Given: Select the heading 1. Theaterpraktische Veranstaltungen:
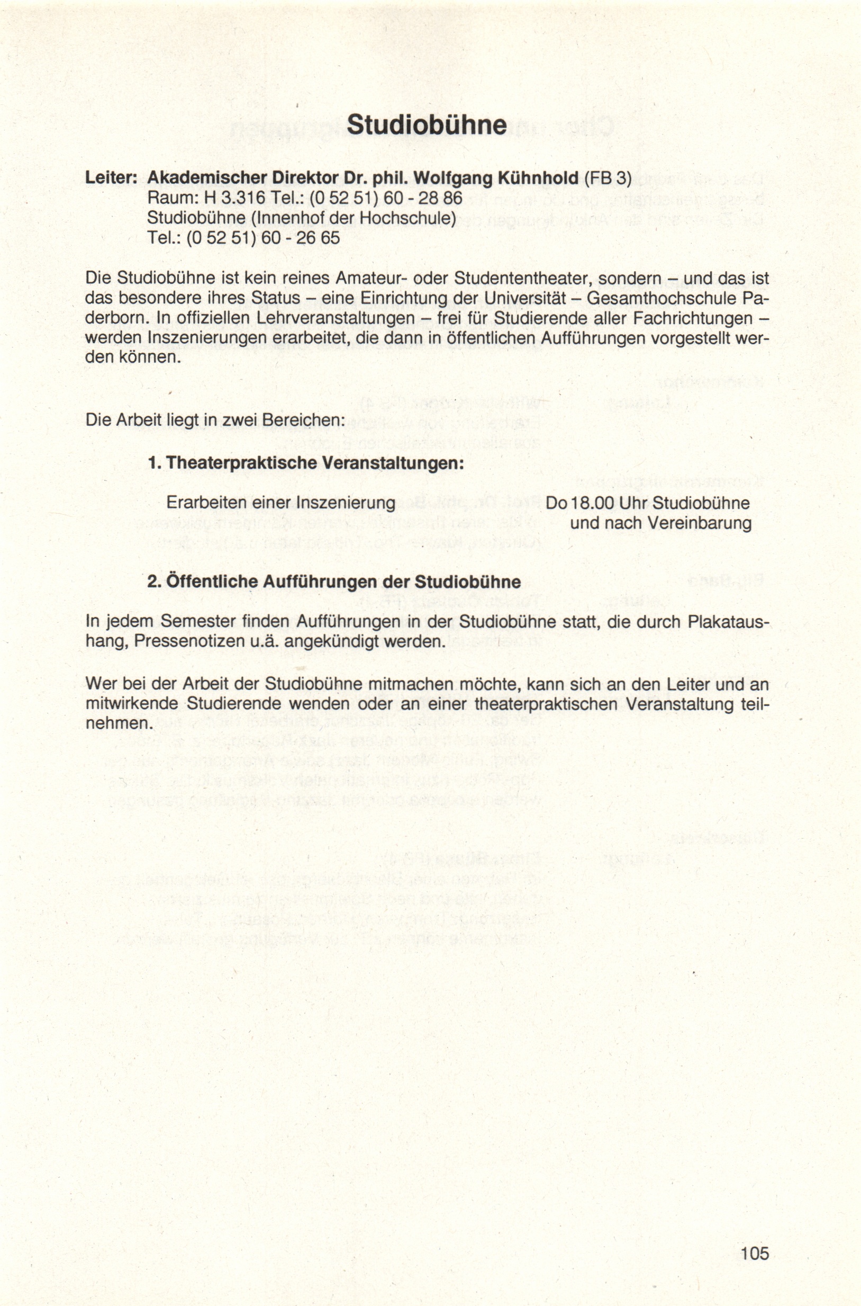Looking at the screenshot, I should click(x=306, y=463).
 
